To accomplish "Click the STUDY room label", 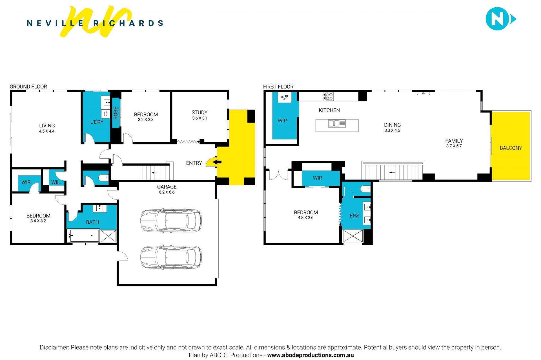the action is [199, 112].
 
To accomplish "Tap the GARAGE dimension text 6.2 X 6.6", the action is [167, 192].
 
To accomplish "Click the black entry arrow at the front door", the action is [217, 162].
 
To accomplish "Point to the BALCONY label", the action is [511, 148].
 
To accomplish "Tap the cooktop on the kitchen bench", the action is [329, 97].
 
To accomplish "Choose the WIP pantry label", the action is [282, 121].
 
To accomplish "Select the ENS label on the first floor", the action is [354, 215].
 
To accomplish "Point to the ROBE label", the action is [116, 113].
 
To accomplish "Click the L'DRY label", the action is [97, 122].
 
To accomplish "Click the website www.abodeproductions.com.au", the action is [311, 355].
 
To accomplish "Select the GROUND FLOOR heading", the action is [28, 86].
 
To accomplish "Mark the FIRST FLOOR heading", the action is [278, 86].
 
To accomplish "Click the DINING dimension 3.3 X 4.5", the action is [392, 130].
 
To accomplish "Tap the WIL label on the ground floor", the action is [56, 182].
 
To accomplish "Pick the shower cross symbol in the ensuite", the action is [353, 236].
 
